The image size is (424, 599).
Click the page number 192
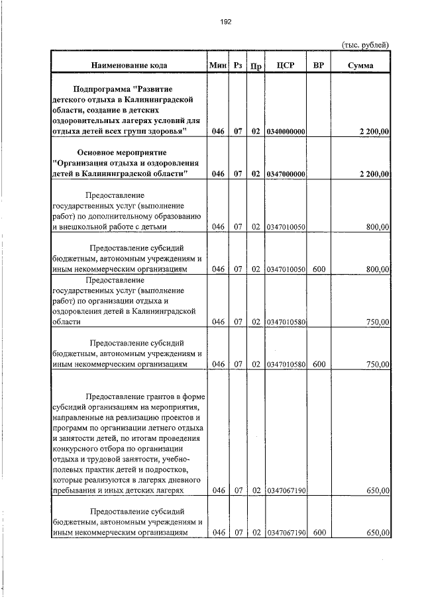(225, 21)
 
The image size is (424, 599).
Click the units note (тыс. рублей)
(364, 44)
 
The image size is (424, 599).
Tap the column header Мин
(217, 66)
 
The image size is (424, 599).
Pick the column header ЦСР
(285, 66)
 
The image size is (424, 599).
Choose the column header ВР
(318, 66)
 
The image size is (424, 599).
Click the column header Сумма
(360, 66)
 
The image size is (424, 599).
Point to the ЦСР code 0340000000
(286, 132)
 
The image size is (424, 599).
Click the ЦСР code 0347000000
(286, 174)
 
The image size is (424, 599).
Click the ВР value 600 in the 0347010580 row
(319, 365)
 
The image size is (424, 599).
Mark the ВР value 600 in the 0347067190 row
(319, 533)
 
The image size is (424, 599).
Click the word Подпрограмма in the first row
(102, 89)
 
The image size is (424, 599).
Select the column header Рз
(238, 66)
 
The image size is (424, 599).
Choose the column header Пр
(256, 66)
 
